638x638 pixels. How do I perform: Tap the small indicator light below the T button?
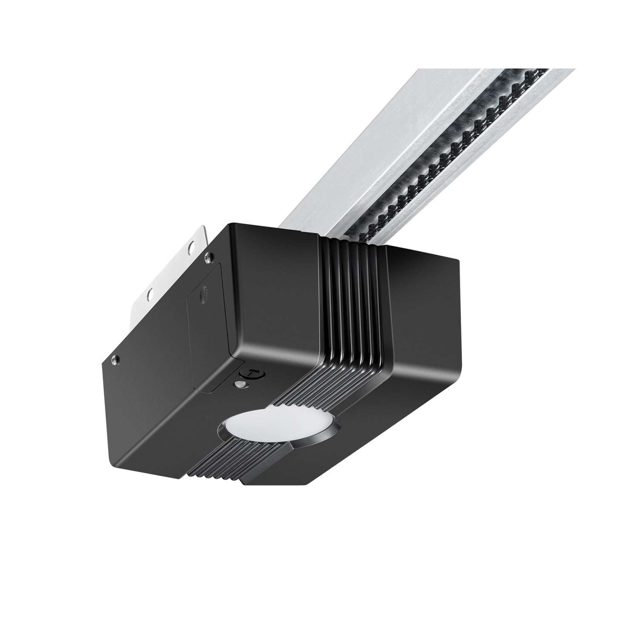click(242, 385)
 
